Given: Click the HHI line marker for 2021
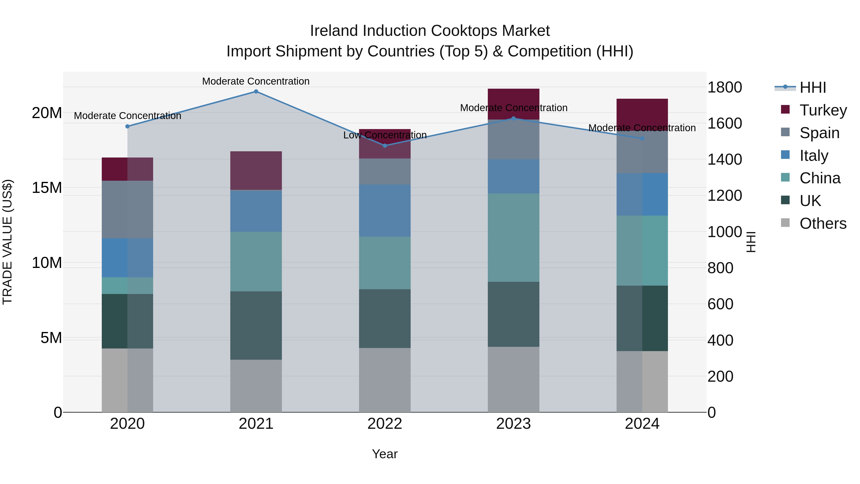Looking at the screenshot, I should pyautogui.click(x=256, y=92).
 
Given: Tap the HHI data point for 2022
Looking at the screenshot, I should pyautogui.click(x=385, y=146).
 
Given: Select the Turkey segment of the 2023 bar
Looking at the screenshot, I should pyautogui.click(x=513, y=104).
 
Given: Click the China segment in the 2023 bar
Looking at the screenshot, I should pyautogui.click(x=513, y=238).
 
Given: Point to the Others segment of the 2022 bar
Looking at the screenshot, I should pyautogui.click(x=385, y=380).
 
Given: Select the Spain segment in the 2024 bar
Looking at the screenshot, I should pyautogui.click(x=642, y=152).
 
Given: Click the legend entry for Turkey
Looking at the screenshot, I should pyautogui.click(x=823, y=110).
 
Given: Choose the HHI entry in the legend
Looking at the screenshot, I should pyautogui.click(x=813, y=87).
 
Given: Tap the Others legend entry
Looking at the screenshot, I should pyautogui.click(x=823, y=223).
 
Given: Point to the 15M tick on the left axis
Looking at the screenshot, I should pyautogui.click(x=47, y=188).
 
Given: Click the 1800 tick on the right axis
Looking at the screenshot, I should pyautogui.click(x=725, y=87).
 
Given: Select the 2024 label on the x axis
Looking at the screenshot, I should pyautogui.click(x=642, y=424).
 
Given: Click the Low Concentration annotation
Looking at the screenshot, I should pyautogui.click(x=385, y=135).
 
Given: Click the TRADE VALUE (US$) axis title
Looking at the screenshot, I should pyautogui.click(x=7, y=242).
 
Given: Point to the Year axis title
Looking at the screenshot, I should pyautogui.click(x=385, y=454).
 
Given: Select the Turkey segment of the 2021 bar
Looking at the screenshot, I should pyautogui.click(x=256, y=171).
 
